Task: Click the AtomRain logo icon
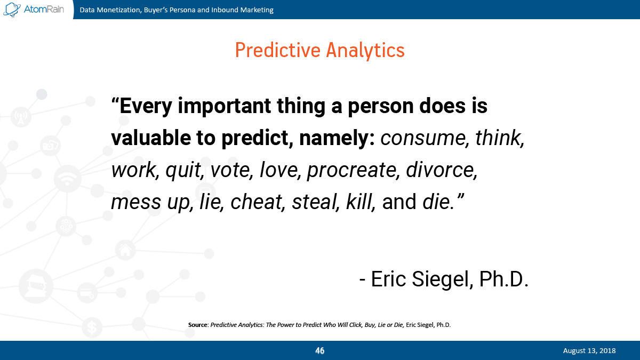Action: [x=12, y=10]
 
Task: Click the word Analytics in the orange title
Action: [x=365, y=51]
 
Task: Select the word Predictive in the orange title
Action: [x=278, y=50]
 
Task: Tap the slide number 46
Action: [x=319, y=350]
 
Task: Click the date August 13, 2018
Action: [x=589, y=350]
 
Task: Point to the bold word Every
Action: [x=146, y=106]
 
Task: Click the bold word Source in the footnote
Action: [x=198, y=325]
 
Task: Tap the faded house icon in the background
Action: [x=125, y=251]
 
